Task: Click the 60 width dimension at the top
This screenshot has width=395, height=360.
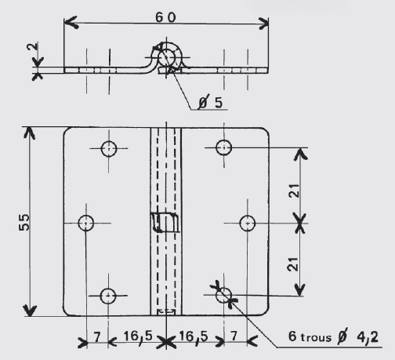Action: tap(165, 17)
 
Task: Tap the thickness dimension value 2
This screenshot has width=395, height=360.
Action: tap(33, 47)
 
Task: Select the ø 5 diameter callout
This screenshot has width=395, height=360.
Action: tap(210, 102)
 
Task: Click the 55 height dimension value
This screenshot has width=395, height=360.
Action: tap(24, 222)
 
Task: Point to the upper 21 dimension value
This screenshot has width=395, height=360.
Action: tap(294, 191)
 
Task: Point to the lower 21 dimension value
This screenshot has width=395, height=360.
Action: tap(292, 264)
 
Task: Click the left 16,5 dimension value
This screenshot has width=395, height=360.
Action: tap(138, 336)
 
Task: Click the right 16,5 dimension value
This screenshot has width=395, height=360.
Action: tap(194, 336)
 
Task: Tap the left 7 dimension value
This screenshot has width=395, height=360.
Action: tap(97, 336)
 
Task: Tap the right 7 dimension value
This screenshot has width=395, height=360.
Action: tap(234, 336)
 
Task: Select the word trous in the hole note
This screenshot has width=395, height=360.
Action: tap(316, 337)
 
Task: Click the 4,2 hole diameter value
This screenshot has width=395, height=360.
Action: tap(368, 337)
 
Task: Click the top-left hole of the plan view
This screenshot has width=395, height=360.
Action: tap(109, 148)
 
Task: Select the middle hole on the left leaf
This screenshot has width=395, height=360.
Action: tap(86, 223)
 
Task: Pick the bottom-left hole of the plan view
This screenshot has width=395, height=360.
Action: tap(108, 296)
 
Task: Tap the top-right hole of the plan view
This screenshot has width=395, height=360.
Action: tap(224, 147)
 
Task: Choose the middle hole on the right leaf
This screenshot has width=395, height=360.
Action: tap(247, 224)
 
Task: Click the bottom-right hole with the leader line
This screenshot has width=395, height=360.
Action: tap(223, 295)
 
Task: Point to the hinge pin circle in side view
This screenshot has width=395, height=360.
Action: tap(166, 57)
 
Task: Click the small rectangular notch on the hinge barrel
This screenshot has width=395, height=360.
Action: tap(165, 223)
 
